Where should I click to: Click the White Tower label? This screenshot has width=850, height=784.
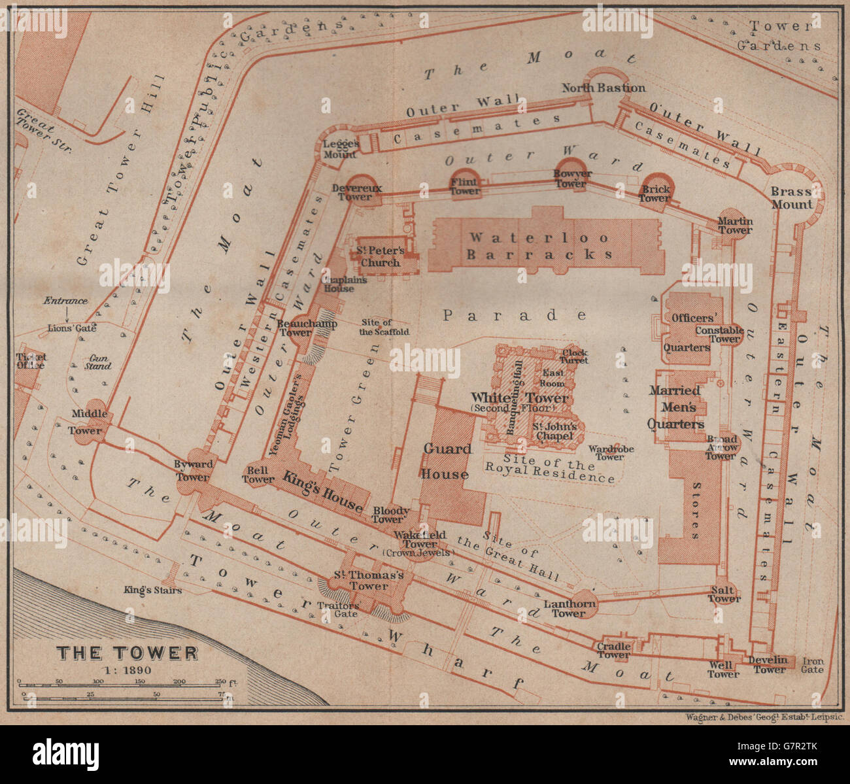pyautogui.click(x=520, y=398)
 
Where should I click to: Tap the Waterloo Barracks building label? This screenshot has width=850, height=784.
pyautogui.click(x=539, y=246)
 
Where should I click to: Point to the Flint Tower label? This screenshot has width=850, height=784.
pyautogui.click(x=465, y=187)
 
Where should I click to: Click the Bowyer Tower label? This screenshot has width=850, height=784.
pyautogui.click(x=572, y=179)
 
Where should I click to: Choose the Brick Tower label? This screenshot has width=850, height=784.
pyautogui.click(x=654, y=194)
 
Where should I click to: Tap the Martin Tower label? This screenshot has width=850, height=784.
pyautogui.click(x=736, y=225)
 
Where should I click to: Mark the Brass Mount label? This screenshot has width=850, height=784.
pyautogui.click(x=791, y=197)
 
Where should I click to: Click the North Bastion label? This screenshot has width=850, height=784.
pyautogui.click(x=603, y=88)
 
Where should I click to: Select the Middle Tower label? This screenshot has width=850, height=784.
pyautogui.click(x=86, y=422)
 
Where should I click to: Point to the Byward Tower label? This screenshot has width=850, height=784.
pyautogui.click(x=194, y=470)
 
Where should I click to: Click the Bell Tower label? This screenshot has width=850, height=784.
pyautogui.click(x=258, y=474)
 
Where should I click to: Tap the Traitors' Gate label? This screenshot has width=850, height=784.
pyautogui.click(x=337, y=609)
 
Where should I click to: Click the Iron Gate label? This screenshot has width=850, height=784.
pyautogui.click(x=812, y=665)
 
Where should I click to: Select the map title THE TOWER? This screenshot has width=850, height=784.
pyautogui.click(x=127, y=653)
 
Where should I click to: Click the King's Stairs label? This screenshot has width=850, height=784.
pyautogui.click(x=152, y=590)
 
